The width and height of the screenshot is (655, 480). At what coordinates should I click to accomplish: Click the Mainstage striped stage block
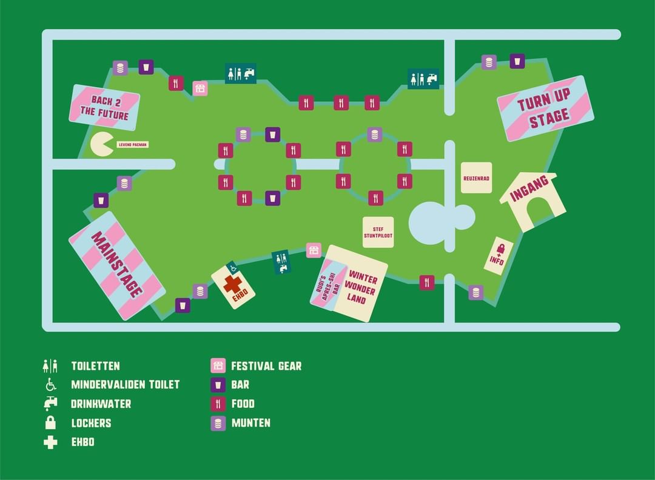click(x=116, y=267)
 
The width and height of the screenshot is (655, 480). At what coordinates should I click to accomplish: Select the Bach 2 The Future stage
click(x=106, y=107)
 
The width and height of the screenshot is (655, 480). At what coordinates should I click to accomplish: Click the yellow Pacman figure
click(x=101, y=145)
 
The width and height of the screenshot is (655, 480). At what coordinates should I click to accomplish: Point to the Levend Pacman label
click(x=132, y=145)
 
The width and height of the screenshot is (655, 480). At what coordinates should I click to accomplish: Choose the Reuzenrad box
click(x=476, y=178)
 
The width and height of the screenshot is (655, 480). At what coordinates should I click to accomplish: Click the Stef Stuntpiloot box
click(x=378, y=232)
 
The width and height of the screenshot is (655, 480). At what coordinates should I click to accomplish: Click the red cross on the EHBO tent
click(x=232, y=285)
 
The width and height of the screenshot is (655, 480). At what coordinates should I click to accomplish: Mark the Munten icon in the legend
click(x=218, y=423)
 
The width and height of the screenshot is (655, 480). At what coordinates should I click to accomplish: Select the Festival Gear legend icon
click(x=218, y=366)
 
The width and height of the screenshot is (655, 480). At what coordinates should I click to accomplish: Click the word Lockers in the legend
click(x=91, y=423)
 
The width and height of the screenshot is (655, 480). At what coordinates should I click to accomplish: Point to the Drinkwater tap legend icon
click(x=50, y=404)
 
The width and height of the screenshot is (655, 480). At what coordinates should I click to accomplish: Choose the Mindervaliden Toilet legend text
click(x=125, y=385)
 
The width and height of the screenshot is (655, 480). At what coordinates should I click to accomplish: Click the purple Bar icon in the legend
click(x=218, y=385)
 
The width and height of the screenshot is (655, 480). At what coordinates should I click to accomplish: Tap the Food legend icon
click(x=218, y=404)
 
